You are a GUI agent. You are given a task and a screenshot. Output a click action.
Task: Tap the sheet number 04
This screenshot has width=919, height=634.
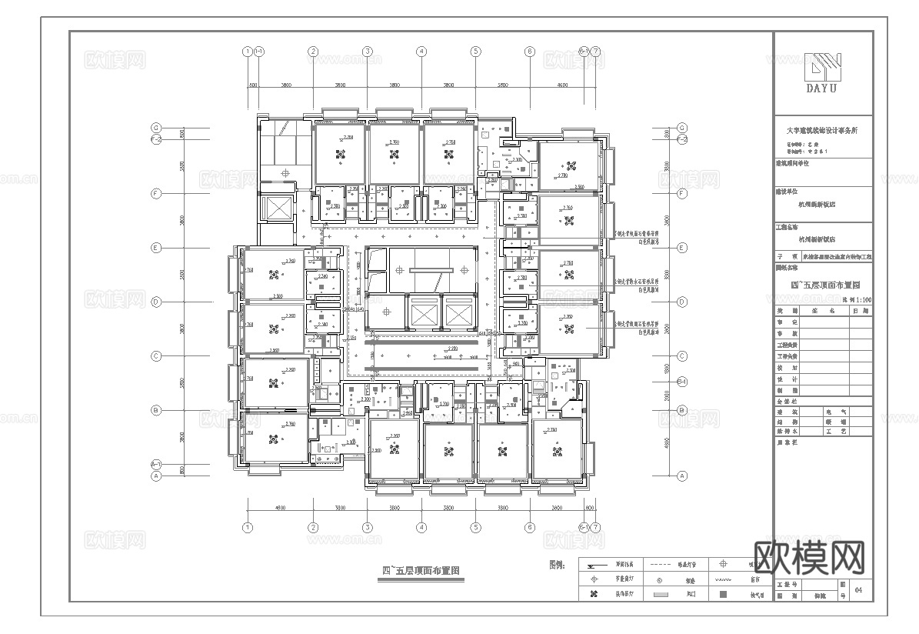click(x=858, y=590)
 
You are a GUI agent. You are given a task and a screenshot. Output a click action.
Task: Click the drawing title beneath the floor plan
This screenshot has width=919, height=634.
click(x=421, y=571)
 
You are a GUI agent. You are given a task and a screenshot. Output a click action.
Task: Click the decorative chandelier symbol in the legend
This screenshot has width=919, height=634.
click(x=593, y=595)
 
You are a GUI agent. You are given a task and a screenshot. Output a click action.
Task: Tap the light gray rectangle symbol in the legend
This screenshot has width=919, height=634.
click(x=659, y=595)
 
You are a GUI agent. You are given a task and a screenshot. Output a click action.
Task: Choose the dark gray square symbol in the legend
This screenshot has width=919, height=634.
click(x=722, y=594)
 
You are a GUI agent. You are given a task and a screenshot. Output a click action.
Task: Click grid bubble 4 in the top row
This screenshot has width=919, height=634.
click(x=421, y=52)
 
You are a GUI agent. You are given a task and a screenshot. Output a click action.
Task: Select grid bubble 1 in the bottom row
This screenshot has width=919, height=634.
click(x=247, y=528)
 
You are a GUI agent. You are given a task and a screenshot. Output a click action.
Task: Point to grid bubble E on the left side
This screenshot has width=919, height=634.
click(x=155, y=248)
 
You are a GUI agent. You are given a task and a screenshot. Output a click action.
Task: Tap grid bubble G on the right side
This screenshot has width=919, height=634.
click(x=681, y=128)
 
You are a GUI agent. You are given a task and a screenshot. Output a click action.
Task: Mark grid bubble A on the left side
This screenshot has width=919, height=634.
click(x=155, y=476)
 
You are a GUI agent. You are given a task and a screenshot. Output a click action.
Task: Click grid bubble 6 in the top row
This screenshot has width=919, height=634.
click(x=529, y=52)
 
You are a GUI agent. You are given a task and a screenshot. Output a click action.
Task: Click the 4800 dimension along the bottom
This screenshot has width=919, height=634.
click(x=279, y=508)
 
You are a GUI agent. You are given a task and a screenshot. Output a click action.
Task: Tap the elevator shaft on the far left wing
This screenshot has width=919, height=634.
click(x=275, y=208)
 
